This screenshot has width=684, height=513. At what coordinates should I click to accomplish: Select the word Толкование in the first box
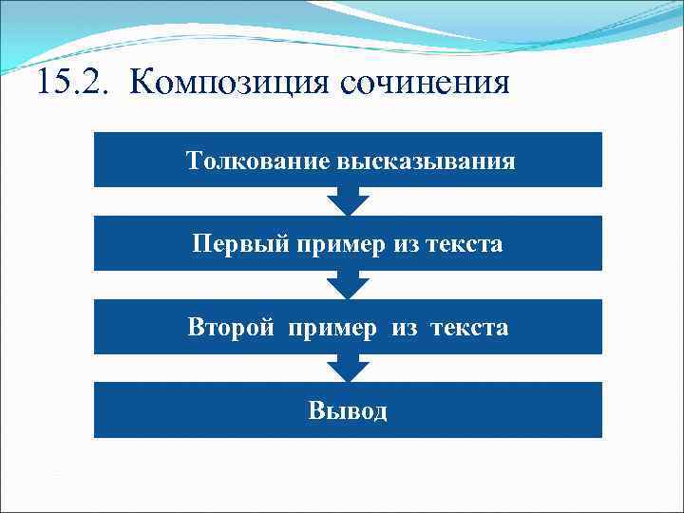coord(256,161)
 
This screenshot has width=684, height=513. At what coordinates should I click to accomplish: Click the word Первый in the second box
coord(232,244)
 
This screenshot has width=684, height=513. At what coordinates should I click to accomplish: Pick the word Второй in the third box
coord(231,328)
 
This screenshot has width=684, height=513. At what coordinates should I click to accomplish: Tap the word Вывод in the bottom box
coord(348,411)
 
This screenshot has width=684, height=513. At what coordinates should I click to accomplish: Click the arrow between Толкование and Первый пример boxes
coord(348,200)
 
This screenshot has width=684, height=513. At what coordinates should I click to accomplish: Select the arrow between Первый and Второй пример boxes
coord(348,284)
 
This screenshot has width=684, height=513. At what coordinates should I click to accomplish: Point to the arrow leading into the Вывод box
coord(348,368)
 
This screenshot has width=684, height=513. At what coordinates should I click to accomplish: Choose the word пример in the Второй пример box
coord(340,329)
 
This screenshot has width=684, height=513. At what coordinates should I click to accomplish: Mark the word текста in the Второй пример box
coord(468,329)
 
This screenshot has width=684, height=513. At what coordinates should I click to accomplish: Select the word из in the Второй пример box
coord(406,329)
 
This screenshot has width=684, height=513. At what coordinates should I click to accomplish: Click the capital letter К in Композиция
coord(142,82)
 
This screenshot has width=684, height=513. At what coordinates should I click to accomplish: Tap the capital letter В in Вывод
coord(315,411)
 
